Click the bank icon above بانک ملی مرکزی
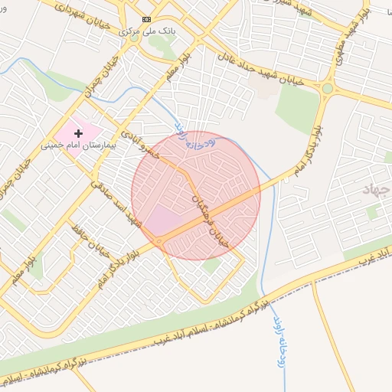146,19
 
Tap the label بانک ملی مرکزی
147,32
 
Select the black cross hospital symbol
78,133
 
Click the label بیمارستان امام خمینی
79,144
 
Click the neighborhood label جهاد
376,188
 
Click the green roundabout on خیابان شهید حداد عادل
328,88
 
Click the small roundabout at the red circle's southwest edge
158,242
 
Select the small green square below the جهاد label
373,212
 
